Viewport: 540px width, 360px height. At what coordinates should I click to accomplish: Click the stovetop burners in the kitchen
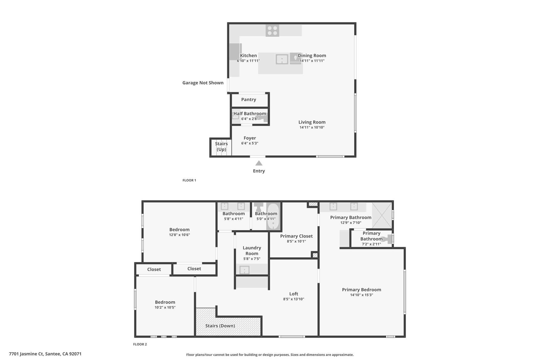tap(272, 30)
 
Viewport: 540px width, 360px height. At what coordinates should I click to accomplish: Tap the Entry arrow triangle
tap(259, 163)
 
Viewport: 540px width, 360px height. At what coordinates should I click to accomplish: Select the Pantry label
tap(249, 99)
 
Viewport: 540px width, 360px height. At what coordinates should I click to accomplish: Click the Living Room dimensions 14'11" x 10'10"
tap(312, 127)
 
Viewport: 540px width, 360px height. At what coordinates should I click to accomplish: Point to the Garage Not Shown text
tap(203, 83)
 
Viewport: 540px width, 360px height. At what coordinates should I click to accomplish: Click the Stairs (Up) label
tap(221, 147)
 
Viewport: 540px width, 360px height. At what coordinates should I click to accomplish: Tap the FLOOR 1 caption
tap(189, 180)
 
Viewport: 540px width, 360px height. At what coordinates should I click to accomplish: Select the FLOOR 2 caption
tap(140, 344)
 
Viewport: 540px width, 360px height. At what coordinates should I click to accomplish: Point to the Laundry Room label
tap(252, 251)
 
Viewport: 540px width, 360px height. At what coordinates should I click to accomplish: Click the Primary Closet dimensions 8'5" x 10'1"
tap(296, 241)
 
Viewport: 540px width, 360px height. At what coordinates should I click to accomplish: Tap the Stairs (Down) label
tap(220, 326)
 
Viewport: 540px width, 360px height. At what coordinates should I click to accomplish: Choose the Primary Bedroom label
tap(361, 290)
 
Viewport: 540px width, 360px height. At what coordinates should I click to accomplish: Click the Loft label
tap(294, 294)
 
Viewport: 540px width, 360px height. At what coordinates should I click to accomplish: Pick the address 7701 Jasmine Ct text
tap(26, 354)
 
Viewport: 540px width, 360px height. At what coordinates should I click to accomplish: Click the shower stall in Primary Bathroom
tap(382, 215)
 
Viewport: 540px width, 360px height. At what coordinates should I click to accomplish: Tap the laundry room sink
tap(244, 270)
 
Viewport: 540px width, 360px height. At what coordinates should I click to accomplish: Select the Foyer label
tap(250, 138)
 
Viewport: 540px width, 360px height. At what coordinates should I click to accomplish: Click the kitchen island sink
tap(282, 59)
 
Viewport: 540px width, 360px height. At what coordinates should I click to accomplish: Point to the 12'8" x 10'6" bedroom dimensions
tap(180, 235)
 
